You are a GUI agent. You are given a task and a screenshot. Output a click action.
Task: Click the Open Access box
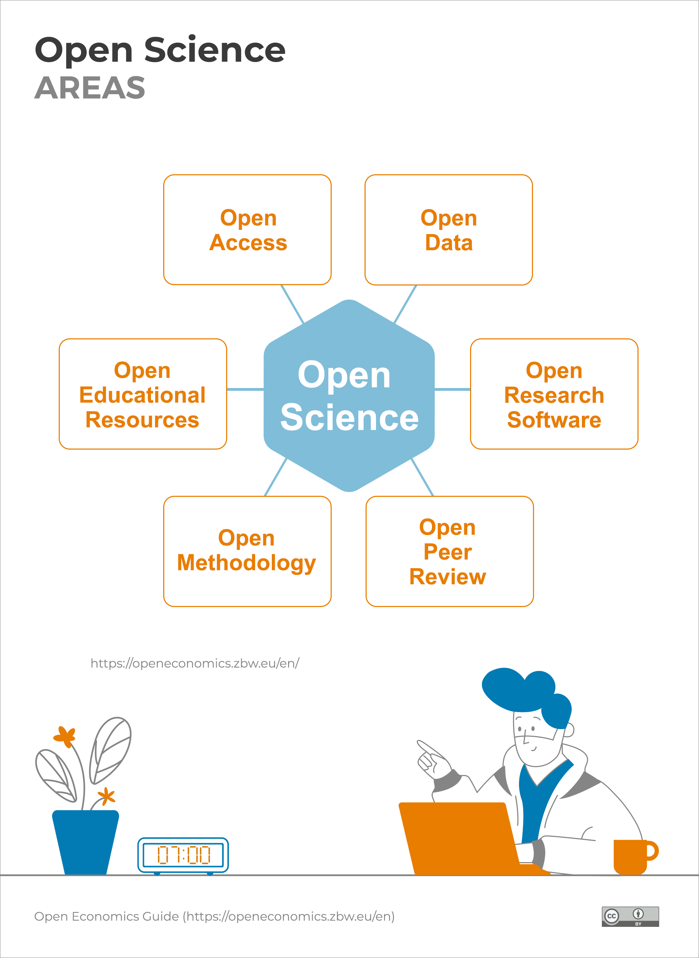click(x=247, y=230)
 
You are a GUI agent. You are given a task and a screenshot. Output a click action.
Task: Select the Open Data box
click(x=448, y=230)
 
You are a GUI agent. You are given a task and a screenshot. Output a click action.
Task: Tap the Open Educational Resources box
click(x=143, y=394)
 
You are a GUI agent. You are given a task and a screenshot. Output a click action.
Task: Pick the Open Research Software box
click(x=554, y=394)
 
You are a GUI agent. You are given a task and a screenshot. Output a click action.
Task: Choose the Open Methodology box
click(x=247, y=551)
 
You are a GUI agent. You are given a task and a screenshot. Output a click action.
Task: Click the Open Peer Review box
click(x=450, y=551)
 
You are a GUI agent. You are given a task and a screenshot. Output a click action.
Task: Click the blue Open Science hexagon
click(x=349, y=396)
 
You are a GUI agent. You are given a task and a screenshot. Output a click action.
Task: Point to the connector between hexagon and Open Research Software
click(x=452, y=389)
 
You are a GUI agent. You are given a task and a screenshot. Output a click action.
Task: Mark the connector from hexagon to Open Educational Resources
click(x=245, y=389)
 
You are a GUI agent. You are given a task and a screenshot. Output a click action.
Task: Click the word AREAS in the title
click(x=90, y=88)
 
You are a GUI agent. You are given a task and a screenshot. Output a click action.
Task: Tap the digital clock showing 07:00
click(x=183, y=855)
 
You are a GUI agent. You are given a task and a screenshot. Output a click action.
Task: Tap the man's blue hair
click(x=527, y=695)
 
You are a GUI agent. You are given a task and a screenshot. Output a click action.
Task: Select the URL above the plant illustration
click(x=195, y=663)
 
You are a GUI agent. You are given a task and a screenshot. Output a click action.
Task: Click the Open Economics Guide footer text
click(x=214, y=916)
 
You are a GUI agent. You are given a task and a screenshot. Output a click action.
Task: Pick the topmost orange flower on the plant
click(x=65, y=737)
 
